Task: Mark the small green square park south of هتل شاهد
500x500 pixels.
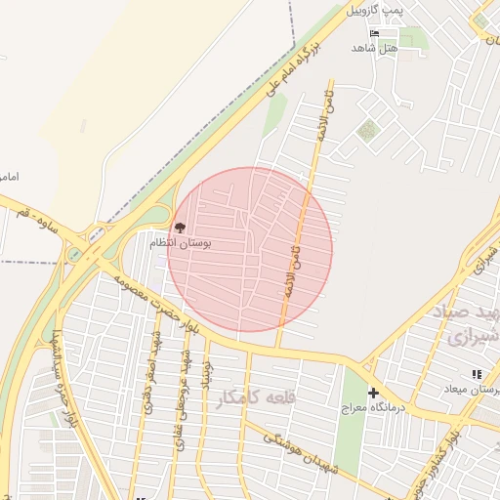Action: (x=367, y=129)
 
